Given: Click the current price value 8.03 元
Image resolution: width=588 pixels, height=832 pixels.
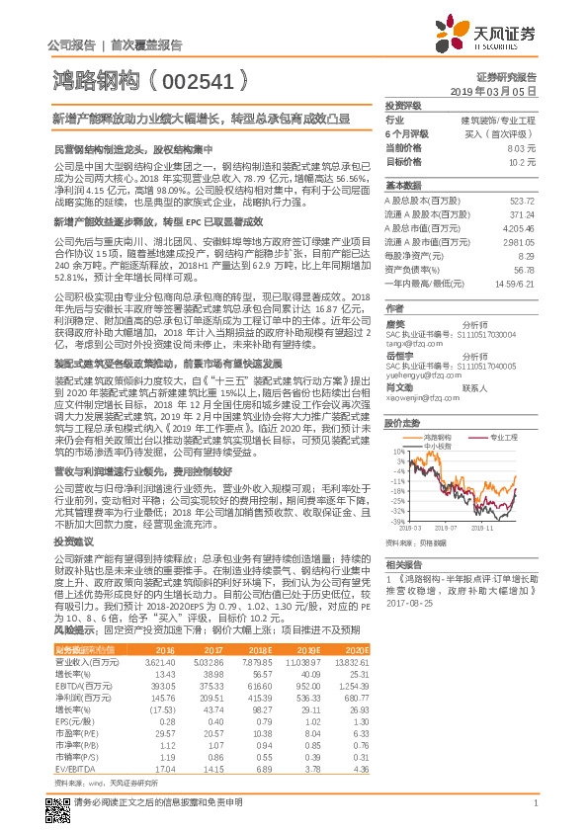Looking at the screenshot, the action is [x=521, y=147].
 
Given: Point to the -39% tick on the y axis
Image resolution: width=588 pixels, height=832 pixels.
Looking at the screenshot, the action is [x=396, y=520].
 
